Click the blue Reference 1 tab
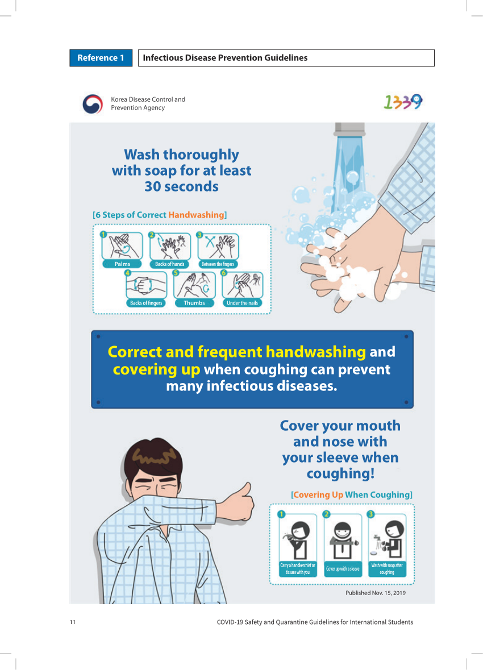coord(101,58)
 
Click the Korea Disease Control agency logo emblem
coord(93,104)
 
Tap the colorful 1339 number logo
coord(403,102)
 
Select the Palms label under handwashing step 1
coord(122,264)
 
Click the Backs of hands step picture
coord(170,246)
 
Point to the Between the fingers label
coord(218,264)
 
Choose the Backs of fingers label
coord(146,303)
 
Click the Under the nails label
coord(242,303)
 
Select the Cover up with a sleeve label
coord(343,569)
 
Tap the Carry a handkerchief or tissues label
coord(298,569)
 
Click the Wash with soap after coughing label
coord(387,569)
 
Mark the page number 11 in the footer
coord(73,622)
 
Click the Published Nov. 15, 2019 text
coord(376,593)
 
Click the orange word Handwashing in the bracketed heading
coord(196,215)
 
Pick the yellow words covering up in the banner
coord(156,369)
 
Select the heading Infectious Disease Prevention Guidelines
coord(225,58)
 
